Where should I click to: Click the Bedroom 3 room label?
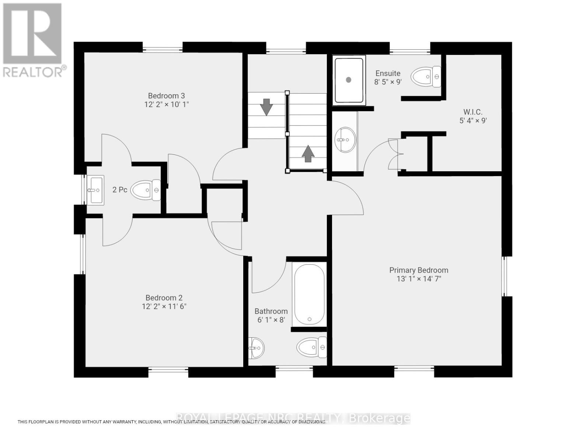pos(166,96)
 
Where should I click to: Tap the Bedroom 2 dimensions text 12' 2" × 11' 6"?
pos(164,306)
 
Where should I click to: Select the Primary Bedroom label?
pos(419,270)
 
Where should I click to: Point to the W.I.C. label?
pos(473,112)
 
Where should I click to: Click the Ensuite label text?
pos(388,73)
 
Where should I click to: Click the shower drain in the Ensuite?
pos(349,80)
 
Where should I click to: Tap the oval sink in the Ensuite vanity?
pos(345,140)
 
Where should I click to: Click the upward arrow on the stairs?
pos(308,154)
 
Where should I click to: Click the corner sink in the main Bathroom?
pos(255,348)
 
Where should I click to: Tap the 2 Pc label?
pos(120,190)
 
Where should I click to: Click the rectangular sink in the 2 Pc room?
pos(95,190)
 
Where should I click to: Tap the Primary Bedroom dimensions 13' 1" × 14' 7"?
pos(419,279)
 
